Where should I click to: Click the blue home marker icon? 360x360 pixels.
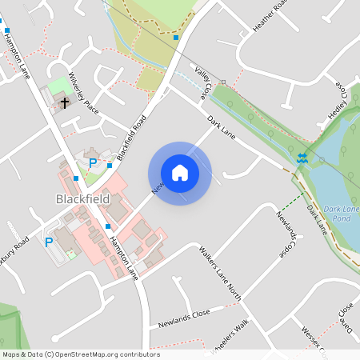coord(180,173)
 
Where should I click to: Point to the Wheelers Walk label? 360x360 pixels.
coord(230,334)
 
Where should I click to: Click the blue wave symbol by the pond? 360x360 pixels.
coord(302,158)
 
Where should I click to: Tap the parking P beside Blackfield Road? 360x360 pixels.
coord(93,163)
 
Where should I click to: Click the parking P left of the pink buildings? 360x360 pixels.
coord(49,242)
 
